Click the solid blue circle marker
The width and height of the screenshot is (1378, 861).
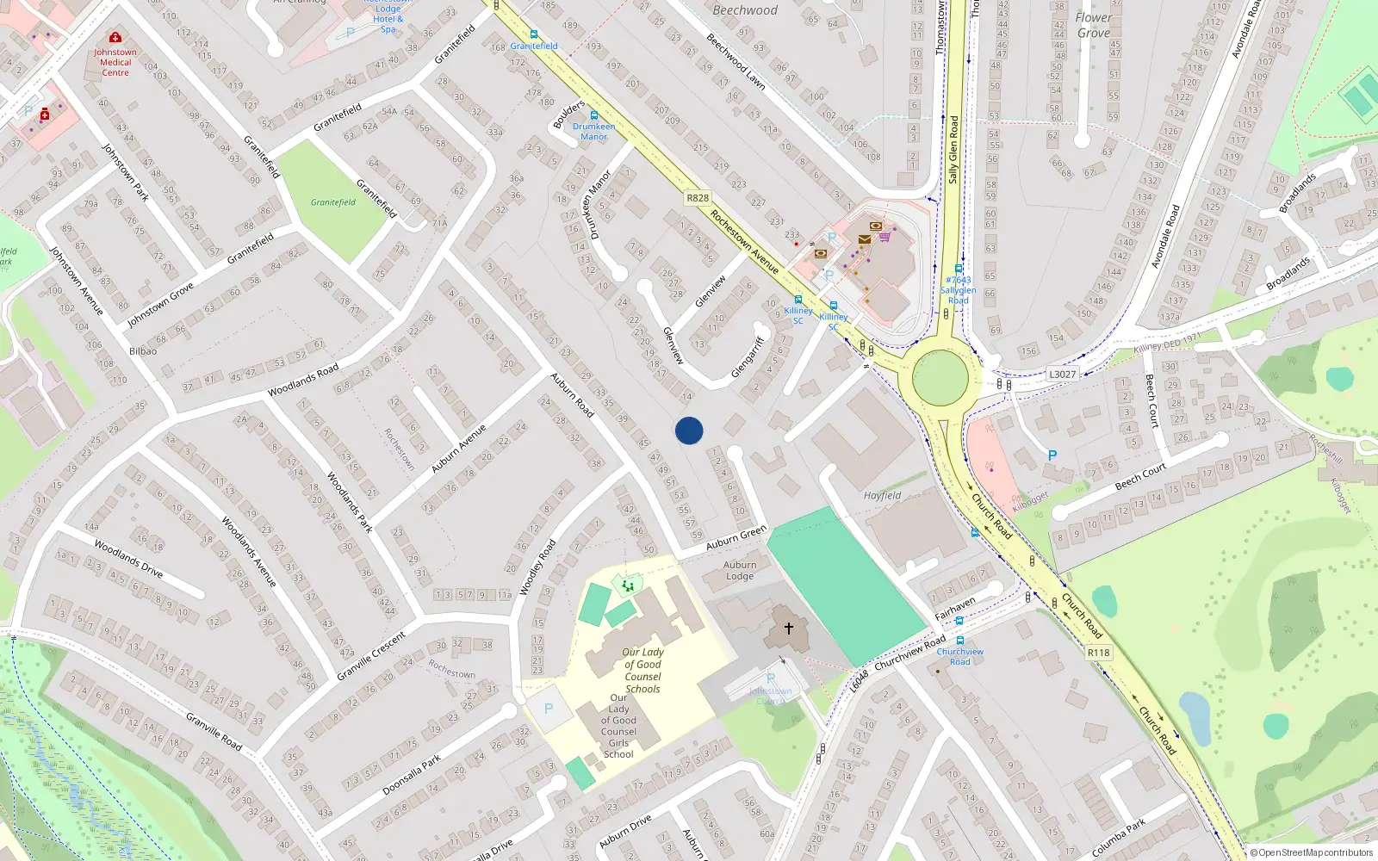pos(689,430)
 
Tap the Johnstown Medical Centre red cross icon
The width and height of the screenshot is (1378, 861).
pos(115,38)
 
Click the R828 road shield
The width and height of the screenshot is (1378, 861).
pos(698,198)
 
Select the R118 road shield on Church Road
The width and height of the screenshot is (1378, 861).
pos(1098,653)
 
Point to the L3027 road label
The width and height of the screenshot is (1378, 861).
pos(1062,375)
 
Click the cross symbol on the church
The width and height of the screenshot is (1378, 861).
pos(788,629)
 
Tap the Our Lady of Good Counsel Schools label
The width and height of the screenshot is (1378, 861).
pos(642,670)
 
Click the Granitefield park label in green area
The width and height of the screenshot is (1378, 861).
pos(333,202)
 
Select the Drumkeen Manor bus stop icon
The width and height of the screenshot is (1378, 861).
pos(593,115)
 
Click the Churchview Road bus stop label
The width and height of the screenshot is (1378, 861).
pos(959,656)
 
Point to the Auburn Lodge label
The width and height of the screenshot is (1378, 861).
pos(740,570)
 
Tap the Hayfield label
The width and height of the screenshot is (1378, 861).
pos(883,495)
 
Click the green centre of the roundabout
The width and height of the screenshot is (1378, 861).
pos(940,379)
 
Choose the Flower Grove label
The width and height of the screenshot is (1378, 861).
pos(1094,25)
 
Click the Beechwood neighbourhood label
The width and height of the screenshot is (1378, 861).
pos(745,10)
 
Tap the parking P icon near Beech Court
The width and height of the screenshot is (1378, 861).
pos(1052,455)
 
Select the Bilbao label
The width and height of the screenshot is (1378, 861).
pos(143,351)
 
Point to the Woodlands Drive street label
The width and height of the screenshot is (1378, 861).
pos(128,558)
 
